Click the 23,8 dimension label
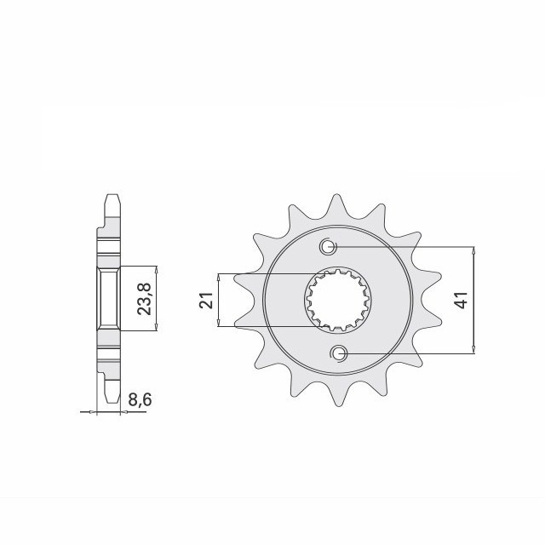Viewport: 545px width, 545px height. point(144,299)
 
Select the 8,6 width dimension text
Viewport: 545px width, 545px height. point(140,400)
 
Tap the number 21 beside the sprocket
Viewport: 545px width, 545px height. point(206,300)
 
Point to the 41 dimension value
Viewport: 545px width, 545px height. point(462,300)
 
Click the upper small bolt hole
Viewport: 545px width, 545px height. point(328,247)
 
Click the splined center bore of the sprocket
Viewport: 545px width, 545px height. point(338,300)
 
